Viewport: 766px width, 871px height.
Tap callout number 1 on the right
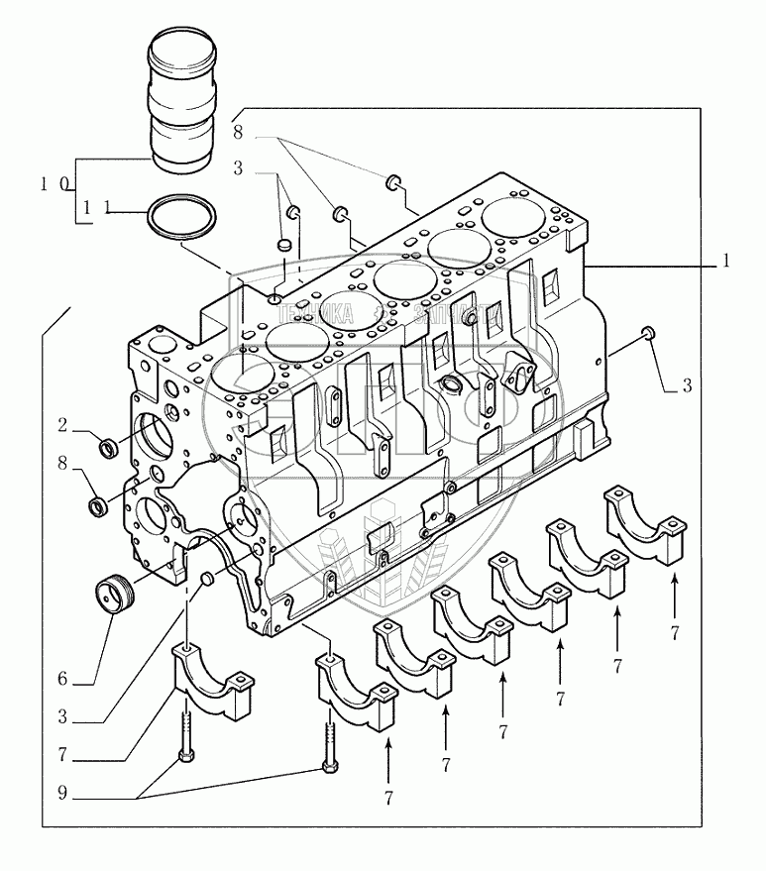click(x=726, y=262)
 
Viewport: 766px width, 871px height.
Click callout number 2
click(x=61, y=426)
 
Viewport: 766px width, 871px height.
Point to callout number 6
click(x=61, y=680)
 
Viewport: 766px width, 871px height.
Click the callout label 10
click(x=55, y=184)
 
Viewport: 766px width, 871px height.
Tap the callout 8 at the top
click(x=239, y=131)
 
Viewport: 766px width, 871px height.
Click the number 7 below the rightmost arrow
click(x=675, y=633)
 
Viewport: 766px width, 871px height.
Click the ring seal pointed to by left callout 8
click(x=100, y=507)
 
